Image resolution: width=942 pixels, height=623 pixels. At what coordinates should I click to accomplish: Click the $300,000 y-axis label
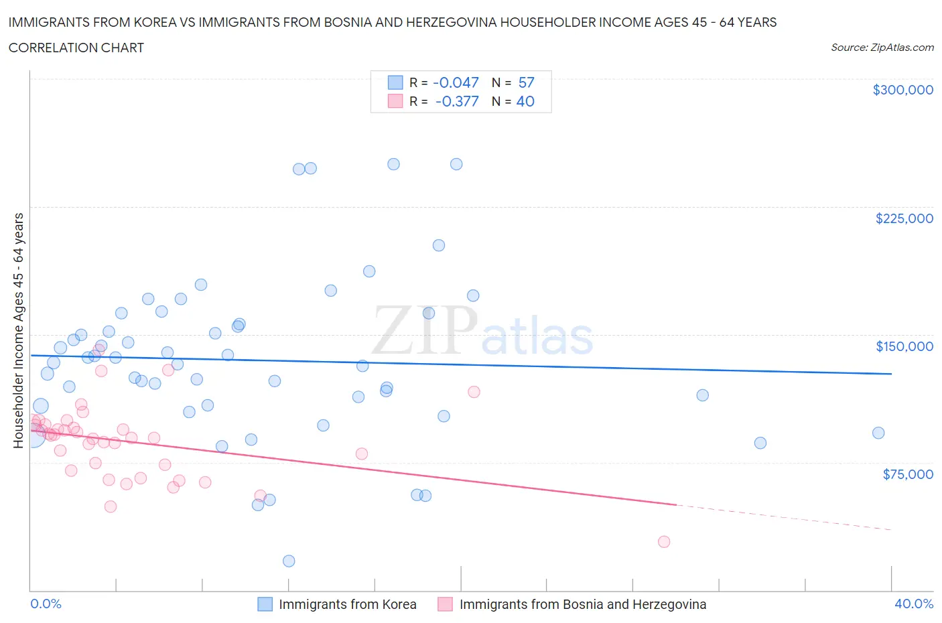(902, 90)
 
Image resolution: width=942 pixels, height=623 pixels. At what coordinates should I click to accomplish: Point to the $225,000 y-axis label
(904, 218)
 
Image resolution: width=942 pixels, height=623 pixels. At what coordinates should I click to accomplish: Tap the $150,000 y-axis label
(904, 346)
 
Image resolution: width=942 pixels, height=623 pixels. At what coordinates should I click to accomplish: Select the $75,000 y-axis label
(907, 474)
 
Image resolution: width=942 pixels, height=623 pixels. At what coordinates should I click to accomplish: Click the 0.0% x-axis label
(46, 604)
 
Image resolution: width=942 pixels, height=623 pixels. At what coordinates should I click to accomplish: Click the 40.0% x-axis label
(913, 604)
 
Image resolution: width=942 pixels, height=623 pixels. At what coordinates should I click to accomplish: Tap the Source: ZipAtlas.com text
(882, 48)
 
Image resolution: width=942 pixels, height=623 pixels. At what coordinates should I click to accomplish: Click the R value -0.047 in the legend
(456, 82)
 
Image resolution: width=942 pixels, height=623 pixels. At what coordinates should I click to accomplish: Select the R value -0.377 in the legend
(456, 101)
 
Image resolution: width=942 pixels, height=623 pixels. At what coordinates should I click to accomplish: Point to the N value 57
(526, 82)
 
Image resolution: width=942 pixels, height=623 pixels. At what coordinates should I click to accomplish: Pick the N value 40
(525, 101)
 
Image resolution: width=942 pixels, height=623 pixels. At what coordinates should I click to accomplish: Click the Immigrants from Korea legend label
(347, 604)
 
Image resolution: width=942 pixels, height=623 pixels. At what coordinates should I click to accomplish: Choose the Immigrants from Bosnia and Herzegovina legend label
(582, 604)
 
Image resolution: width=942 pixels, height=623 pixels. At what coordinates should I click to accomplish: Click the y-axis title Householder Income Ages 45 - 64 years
(18, 330)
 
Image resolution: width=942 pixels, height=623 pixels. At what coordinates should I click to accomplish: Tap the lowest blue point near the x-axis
(289, 561)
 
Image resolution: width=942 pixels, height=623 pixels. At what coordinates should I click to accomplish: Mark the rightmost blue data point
(878, 433)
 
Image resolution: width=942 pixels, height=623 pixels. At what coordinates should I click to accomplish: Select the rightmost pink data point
(663, 541)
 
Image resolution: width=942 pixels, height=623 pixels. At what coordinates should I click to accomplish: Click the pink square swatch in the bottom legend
(445, 604)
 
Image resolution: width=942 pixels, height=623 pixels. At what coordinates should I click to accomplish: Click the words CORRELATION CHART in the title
(76, 48)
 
